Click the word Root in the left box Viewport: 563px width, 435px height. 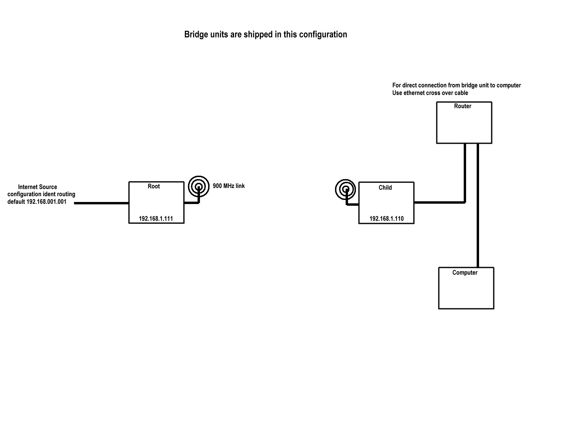154,186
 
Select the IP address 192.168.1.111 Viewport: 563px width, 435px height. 156,219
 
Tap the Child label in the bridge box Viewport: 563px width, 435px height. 385,188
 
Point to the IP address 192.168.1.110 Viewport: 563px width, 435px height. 386,219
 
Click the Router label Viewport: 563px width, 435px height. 462,106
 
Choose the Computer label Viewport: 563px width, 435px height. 465,273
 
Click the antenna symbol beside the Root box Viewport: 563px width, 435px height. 199,187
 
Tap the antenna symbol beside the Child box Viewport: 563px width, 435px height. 346,190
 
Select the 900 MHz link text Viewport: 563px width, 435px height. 229,186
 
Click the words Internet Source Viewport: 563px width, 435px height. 38,187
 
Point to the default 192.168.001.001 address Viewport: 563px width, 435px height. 37,202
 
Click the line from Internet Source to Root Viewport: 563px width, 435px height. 102,203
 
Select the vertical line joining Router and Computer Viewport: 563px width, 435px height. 478,205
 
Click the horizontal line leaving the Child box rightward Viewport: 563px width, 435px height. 439,202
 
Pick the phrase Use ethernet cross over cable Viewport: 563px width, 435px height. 430,93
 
